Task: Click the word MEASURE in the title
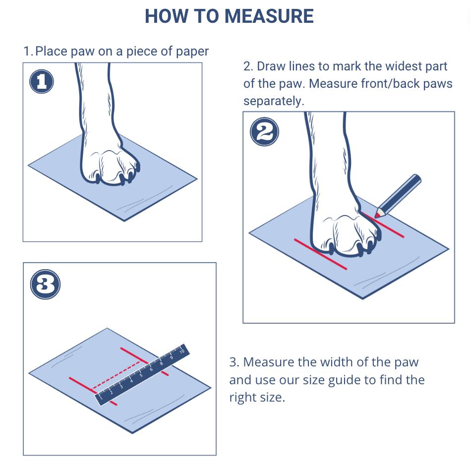coord(269,16)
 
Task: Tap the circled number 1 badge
coord(42,81)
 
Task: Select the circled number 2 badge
coord(264,131)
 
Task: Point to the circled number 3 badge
coord(45,284)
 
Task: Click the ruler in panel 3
coord(142,375)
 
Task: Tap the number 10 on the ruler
coord(181,351)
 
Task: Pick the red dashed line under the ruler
coord(116,376)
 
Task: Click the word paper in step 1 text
coord(192,51)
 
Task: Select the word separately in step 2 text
coord(274,101)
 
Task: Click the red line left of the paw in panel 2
coord(320,254)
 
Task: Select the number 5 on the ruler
coord(141,375)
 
